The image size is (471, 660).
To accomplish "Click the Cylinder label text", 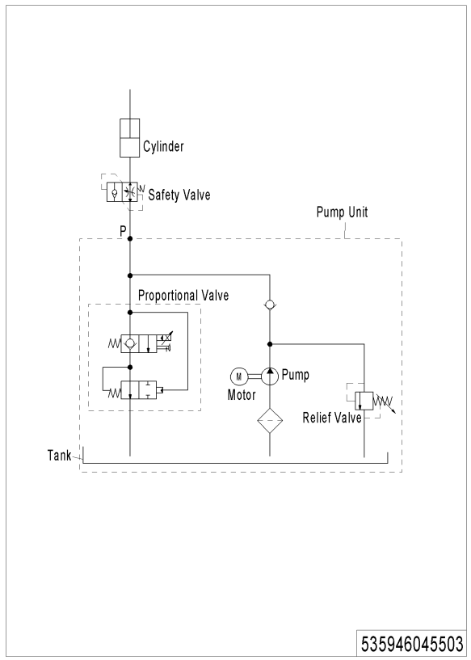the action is (x=163, y=146).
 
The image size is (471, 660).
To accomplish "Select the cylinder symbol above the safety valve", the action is (x=129, y=137).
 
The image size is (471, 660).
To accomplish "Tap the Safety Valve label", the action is (x=179, y=195).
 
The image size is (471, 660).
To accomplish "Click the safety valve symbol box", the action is (x=122, y=192).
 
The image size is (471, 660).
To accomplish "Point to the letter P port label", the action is (x=123, y=231).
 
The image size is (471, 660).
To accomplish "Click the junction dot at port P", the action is (x=130, y=238).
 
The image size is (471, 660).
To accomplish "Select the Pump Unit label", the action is (x=342, y=212).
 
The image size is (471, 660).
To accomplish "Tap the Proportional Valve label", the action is (x=183, y=296).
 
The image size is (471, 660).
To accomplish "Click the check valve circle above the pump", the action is (x=270, y=305).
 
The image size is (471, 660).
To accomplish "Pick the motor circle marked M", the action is (x=238, y=376).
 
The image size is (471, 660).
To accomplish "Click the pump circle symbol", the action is (x=270, y=376).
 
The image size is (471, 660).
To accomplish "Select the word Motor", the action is (x=242, y=395).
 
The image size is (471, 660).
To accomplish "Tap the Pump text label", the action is (x=296, y=375).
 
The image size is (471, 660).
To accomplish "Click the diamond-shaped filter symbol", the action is (x=270, y=420).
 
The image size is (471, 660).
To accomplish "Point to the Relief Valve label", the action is (x=332, y=418).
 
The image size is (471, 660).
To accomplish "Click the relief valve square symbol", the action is (x=364, y=401).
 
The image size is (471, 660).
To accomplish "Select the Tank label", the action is (x=59, y=455).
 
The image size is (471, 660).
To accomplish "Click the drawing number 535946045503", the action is (x=412, y=644).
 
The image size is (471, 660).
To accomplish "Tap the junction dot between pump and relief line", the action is (x=270, y=344).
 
